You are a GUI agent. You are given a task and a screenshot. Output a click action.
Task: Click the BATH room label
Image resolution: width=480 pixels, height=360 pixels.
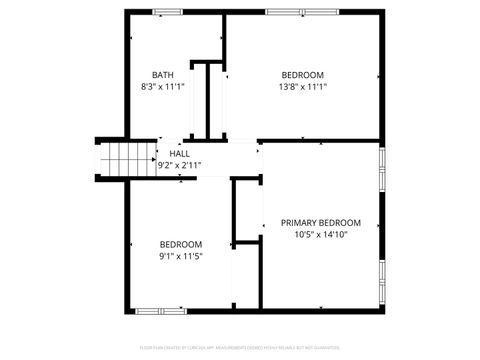pyautogui.click(x=162, y=75)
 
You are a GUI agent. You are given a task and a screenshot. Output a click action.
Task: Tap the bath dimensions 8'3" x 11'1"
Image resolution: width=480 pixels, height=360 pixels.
pyautogui.click(x=162, y=87)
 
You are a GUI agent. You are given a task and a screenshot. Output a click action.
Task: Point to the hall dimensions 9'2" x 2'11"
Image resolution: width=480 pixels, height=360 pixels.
pyautogui.click(x=180, y=166)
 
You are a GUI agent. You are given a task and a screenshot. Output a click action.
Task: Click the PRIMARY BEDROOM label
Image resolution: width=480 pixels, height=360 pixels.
pyautogui.click(x=321, y=223)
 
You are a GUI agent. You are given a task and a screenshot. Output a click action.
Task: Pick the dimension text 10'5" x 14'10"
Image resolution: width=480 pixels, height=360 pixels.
pyautogui.click(x=321, y=235)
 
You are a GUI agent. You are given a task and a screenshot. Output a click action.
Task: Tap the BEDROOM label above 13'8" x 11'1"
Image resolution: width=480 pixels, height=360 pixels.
pyautogui.click(x=302, y=75)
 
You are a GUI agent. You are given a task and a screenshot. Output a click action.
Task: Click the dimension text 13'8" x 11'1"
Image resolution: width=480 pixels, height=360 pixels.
pyautogui.click(x=302, y=87)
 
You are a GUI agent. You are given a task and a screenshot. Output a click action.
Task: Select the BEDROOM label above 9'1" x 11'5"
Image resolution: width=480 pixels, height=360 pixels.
pyautogui.click(x=181, y=244)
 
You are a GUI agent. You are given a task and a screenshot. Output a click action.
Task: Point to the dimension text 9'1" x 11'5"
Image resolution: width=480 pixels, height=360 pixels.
pyautogui.click(x=181, y=256)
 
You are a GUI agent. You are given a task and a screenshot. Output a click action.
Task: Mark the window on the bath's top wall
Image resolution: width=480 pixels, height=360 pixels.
pyautogui.click(x=167, y=12)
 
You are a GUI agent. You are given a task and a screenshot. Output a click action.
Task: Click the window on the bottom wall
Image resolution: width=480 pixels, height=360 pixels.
pyautogui.click(x=160, y=310)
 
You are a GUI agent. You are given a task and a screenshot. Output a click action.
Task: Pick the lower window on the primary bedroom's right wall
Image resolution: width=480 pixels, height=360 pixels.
pyautogui.click(x=381, y=280)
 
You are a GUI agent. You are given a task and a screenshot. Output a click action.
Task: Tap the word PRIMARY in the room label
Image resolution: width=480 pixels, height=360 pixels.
pyautogui.click(x=298, y=223)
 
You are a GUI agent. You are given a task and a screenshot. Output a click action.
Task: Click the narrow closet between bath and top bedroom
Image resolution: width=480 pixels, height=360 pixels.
pyautogui.click(x=213, y=100)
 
